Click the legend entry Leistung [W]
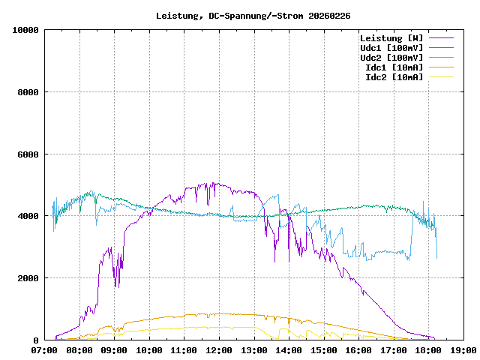[x=391, y=37]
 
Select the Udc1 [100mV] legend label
[x=391, y=47]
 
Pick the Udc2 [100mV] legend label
[x=391, y=57]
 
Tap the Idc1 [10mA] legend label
[x=394, y=67]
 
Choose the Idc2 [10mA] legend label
[x=394, y=76]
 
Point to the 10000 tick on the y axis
[x=25, y=30]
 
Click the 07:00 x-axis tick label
[x=45, y=349]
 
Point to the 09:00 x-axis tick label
[x=115, y=349]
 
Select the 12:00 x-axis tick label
[x=219, y=349]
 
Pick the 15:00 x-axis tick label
[x=323, y=349]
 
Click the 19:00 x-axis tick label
[x=463, y=349]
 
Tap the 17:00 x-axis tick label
[x=393, y=349]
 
